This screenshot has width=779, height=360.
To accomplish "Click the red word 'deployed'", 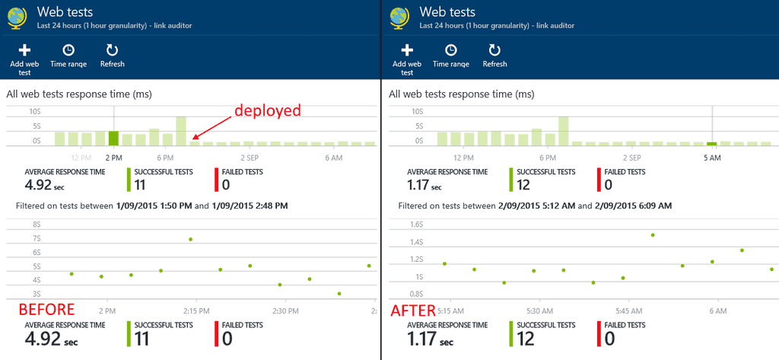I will tap(267, 110).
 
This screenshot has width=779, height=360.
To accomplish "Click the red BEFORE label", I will tap(46, 310).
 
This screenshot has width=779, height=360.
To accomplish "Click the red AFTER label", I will tap(412, 310).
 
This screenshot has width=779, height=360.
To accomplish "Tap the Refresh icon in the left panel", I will tap(112, 50).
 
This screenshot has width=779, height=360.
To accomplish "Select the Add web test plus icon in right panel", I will tap(407, 50).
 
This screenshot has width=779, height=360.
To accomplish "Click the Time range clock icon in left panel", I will tap(68, 50).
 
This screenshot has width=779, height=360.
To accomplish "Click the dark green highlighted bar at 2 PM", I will tap(113, 139).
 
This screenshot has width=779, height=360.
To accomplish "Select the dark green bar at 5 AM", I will tap(712, 143).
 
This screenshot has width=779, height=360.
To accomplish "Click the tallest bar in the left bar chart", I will tap(181, 131).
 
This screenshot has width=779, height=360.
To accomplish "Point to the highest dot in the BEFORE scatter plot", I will tap(190, 239).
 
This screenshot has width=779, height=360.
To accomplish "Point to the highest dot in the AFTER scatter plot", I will tap(653, 234).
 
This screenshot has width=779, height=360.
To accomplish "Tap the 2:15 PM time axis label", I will tap(196, 311).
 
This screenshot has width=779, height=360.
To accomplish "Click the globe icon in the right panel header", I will tap(398, 18).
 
